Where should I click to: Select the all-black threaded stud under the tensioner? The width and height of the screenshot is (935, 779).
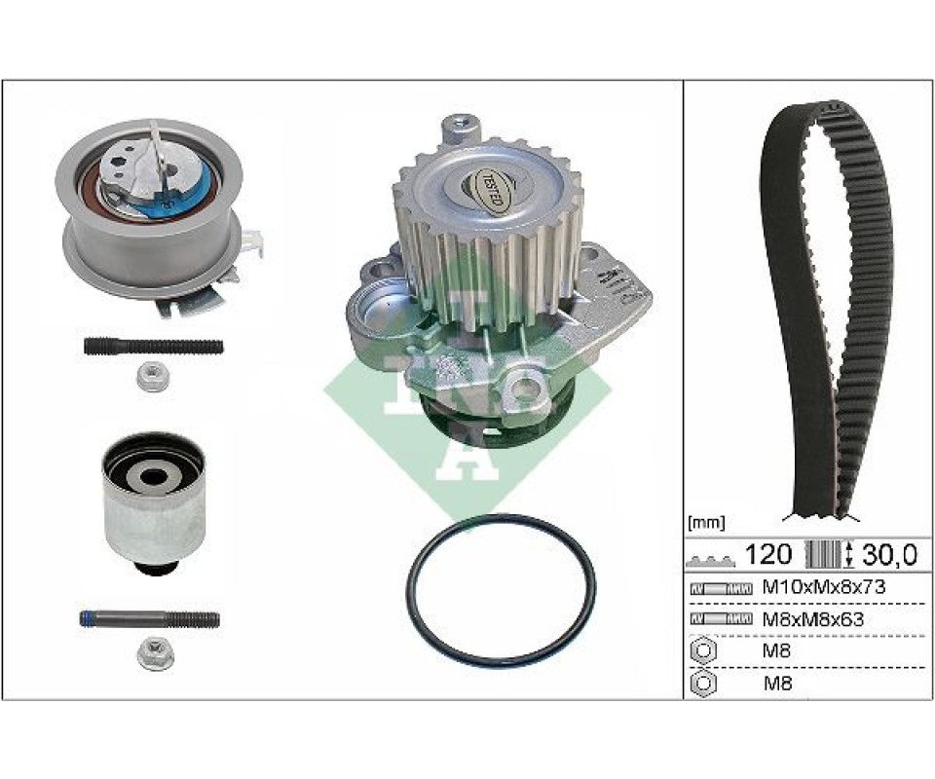pyautogui.click(x=154, y=347)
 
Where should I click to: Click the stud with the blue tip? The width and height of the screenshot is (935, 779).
pyautogui.click(x=150, y=619)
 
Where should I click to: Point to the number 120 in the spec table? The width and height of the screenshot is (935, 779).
pyautogui.click(x=768, y=554)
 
